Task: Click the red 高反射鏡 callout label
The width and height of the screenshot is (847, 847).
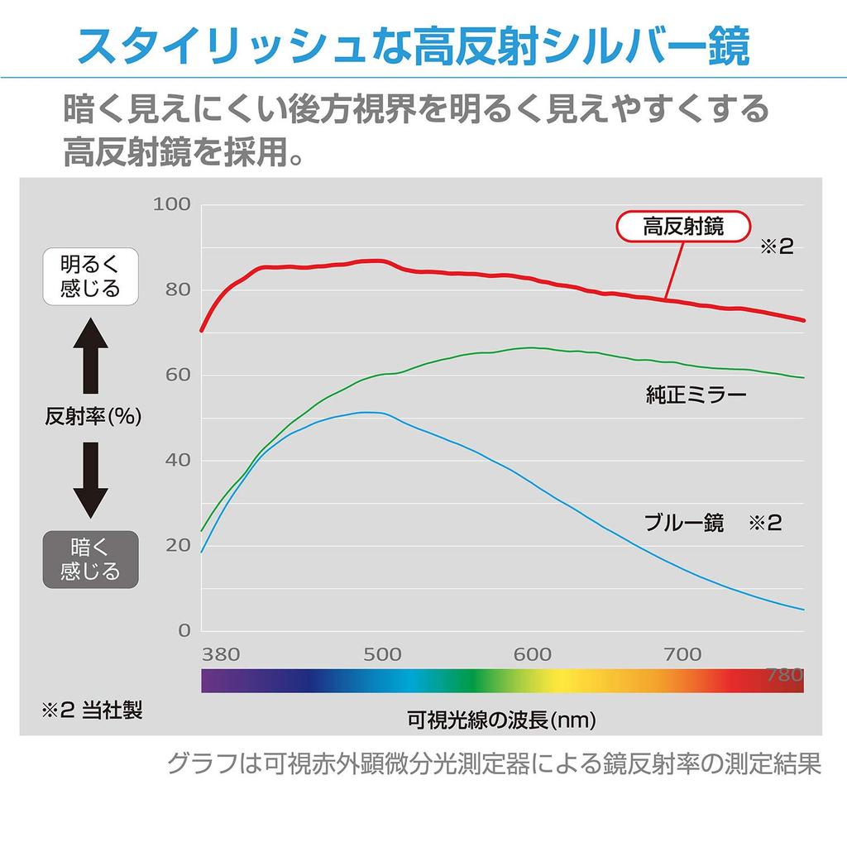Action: coord(683,226)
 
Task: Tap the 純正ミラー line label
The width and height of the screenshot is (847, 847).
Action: coord(696,395)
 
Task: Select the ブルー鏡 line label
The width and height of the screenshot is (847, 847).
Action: coord(684,523)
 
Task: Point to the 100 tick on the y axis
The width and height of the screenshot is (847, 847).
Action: coord(172,204)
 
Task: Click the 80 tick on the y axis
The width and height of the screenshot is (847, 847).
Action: coord(177,290)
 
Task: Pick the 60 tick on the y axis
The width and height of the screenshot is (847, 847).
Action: coord(177,375)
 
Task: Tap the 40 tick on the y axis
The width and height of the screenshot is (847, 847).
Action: coord(177,460)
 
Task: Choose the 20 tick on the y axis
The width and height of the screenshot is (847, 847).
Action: coord(177,545)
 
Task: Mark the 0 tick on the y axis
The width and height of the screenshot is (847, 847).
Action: coord(184,630)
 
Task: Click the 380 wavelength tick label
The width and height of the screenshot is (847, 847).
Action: coord(221,654)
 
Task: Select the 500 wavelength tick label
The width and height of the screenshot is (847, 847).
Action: coord(382,654)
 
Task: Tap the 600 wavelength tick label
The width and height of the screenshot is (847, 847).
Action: coord(532,654)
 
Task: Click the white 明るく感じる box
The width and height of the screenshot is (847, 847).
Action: coord(90,276)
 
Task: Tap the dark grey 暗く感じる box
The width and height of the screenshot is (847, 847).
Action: coord(90,558)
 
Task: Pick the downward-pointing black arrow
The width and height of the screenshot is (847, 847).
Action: coord(90,480)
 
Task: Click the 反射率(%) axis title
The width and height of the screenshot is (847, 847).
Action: coord(93,417)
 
